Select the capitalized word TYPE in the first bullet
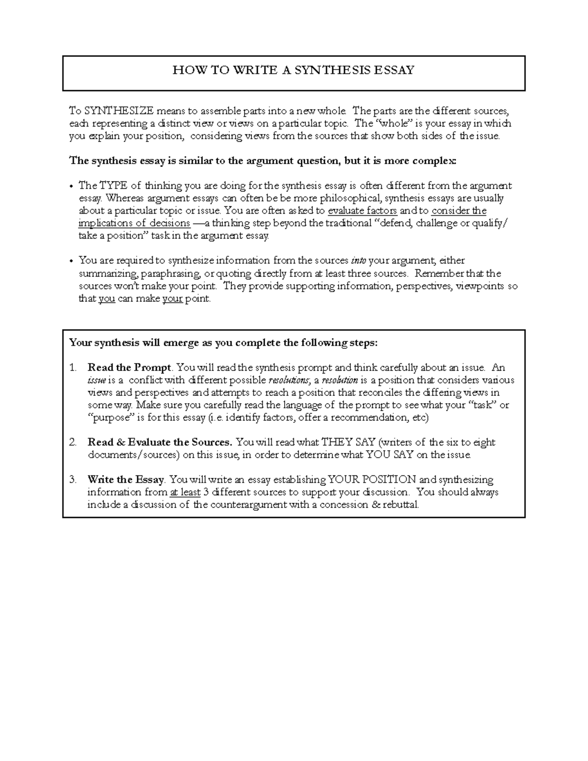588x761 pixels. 114,186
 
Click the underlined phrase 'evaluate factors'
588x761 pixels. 362,211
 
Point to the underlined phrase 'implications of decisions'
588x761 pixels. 134,223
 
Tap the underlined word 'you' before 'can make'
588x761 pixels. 106,299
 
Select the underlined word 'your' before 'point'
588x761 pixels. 172,299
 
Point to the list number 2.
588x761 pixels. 73,442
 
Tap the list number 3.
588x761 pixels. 73,479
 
